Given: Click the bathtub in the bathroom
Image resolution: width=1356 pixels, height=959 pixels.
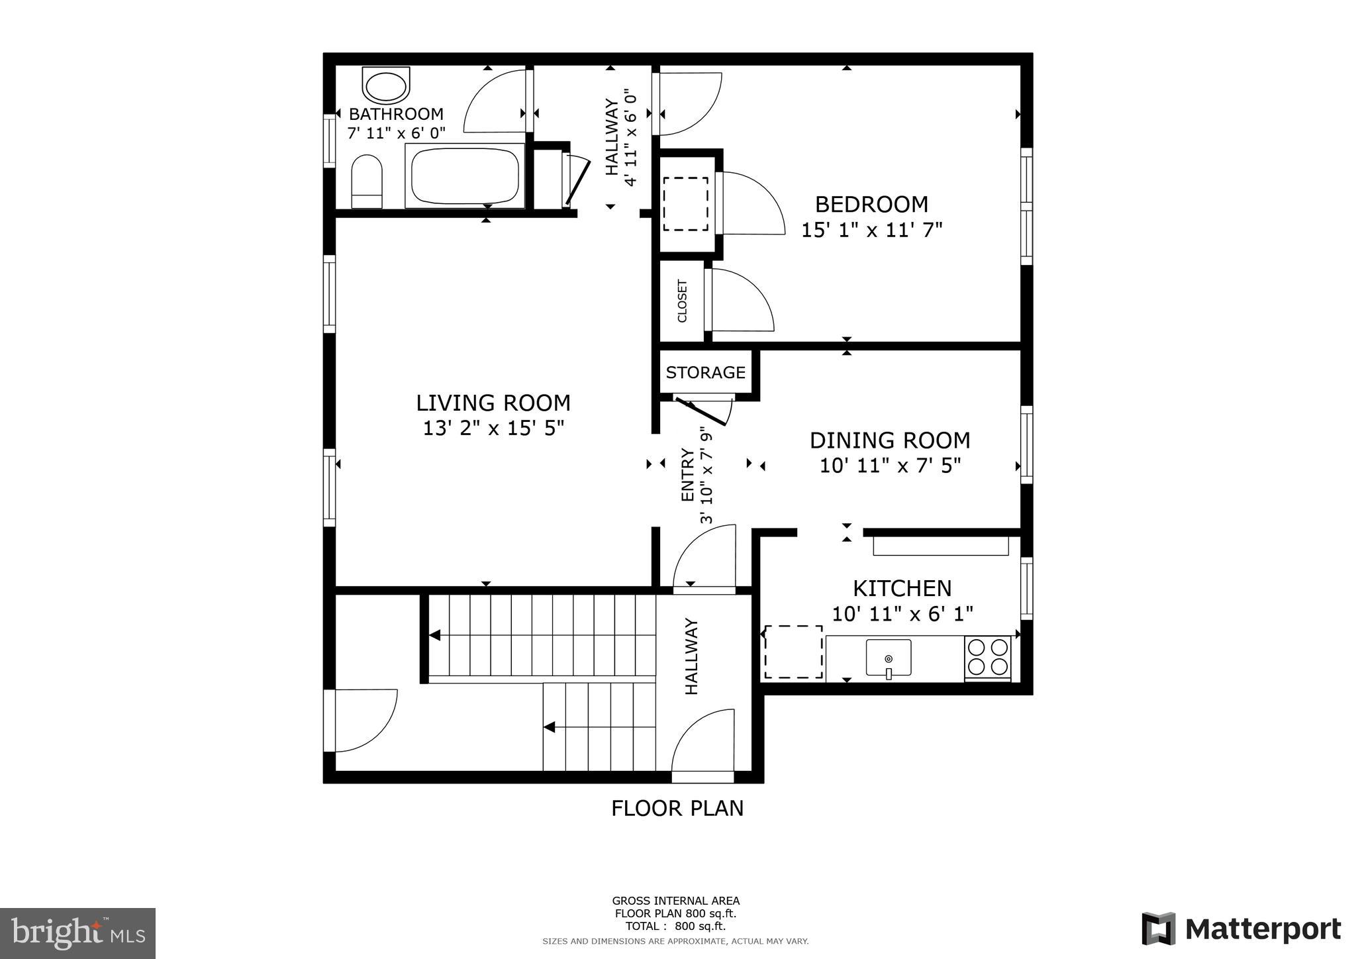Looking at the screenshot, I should (x=465, y=176).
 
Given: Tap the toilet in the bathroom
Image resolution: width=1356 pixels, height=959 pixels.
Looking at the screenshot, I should (x=366, y=181).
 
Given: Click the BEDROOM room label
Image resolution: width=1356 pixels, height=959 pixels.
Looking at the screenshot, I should (x=871, y=204).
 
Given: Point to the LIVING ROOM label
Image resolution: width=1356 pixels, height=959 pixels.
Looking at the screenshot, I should (x=493, y=403).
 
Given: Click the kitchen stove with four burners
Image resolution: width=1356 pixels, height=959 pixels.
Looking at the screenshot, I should (x=988, y=657).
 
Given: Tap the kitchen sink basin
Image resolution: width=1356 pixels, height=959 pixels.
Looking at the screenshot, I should (x=889, y=657).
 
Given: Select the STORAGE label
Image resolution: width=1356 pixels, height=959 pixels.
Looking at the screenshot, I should (x=705, y=373).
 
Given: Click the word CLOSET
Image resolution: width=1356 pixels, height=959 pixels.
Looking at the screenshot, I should (x=682, y=301).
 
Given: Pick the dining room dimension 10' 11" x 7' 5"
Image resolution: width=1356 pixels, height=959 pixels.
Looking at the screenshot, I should (x=890, y=466).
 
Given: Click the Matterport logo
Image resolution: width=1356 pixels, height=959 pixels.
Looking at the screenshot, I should (x=1241, y=929).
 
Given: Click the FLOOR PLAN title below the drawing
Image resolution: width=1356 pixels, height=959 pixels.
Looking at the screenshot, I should (x=677, y=809).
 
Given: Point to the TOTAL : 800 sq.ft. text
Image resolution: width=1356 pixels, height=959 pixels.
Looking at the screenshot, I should (x=675, y=927).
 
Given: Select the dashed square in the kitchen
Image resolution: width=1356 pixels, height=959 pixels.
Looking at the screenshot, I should (x=793, y=652).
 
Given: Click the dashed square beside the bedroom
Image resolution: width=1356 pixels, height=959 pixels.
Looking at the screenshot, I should (x=686, y=203).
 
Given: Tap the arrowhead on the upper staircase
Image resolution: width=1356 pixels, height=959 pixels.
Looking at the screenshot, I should (x=434, y=635).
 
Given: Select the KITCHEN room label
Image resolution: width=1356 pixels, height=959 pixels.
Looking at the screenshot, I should (x=902, y=588).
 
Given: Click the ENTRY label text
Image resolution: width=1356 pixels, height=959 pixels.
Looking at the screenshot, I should (x=688, y=475).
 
